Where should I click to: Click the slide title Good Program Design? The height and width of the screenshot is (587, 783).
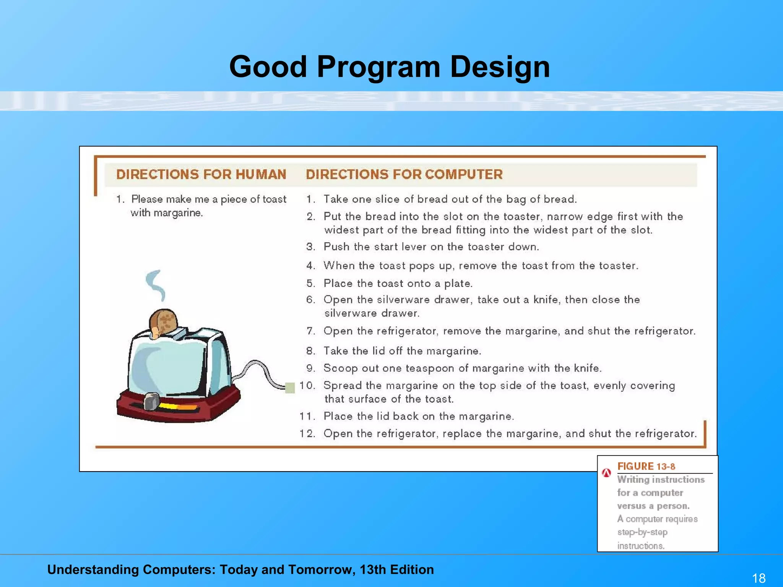tap(389, 67)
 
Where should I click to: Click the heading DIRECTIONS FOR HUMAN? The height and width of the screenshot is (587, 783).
tap(201, 174)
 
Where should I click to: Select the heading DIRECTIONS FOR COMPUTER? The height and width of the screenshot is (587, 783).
tap(404, 174)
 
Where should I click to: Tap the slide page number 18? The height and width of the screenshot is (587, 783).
tap(759, 578)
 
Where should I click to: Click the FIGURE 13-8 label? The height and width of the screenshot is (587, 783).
tap(646, 466)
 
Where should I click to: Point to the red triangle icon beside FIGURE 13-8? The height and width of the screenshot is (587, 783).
tap(606, 473)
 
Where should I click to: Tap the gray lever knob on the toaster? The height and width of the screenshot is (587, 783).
tap(151, 401)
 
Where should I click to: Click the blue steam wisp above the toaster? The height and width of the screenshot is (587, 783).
tap(156, 285)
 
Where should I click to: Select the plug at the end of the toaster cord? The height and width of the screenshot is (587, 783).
tap(290, 388)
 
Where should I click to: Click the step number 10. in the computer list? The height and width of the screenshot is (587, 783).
tap(307, 385)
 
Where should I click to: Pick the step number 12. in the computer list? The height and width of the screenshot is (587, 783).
tap(307, 433)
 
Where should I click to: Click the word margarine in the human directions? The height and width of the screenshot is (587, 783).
tap(178, 213)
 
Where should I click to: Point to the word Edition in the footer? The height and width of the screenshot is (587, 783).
tap(412, 569)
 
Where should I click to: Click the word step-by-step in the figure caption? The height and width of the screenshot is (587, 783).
tap(642, 532)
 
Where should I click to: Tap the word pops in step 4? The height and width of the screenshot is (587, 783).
tap(423, 266)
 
